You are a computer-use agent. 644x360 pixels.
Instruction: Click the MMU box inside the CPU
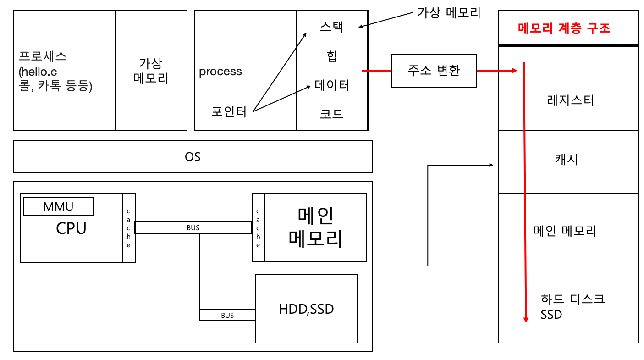[59, 206]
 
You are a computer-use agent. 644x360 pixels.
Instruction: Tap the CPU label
[71, 228]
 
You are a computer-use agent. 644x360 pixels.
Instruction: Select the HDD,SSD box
[306, 309]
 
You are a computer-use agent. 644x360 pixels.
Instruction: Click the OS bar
[193, 157]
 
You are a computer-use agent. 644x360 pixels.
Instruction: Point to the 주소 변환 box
[434, 71]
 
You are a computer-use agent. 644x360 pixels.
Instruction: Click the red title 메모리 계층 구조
[564, 28]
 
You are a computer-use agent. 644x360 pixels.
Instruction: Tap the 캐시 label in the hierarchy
[567, 160]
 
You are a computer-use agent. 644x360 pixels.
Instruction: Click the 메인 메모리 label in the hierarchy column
[565, 230]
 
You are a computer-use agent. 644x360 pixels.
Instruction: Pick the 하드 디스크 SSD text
[572, 307]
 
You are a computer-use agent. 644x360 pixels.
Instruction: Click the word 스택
[331, 27]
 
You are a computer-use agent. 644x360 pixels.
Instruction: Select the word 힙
[331, 56]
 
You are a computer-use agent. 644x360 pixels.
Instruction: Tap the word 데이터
[332, 85]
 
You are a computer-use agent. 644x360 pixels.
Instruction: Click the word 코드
[331, 114]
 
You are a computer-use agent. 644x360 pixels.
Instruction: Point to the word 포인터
[229, 111]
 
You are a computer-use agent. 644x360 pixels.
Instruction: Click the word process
[220, 72]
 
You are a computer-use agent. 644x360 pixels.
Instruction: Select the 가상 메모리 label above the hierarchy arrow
[449, 12]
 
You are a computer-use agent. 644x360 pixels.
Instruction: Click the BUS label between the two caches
[193, 227]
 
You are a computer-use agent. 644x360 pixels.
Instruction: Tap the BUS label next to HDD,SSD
[227, 315]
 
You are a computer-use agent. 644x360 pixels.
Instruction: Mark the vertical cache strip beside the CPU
[128, 228]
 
